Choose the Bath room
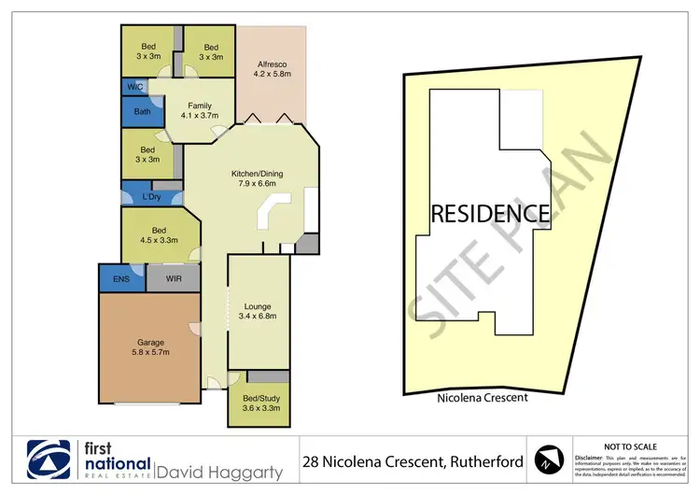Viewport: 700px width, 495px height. pos(142,112)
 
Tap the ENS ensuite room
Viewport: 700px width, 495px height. pos(120,277)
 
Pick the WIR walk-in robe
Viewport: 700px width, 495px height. pos(173,277)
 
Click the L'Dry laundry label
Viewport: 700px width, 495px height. pos(152,197)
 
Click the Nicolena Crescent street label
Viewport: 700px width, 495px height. pos(483,397)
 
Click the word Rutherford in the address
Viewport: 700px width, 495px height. pos(471,461)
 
